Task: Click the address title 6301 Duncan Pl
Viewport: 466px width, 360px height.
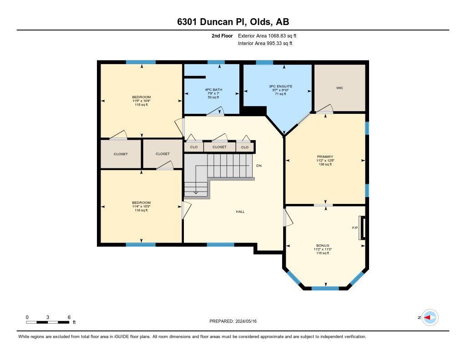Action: click(x=233, y=22)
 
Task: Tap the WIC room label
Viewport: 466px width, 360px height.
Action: click(x=339, y=88)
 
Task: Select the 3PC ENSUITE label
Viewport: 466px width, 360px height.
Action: click(x=280, y=86)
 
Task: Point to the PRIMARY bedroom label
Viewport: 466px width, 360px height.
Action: click(x=325, y=157)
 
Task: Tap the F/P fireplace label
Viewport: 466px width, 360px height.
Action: click(x=355, y=228)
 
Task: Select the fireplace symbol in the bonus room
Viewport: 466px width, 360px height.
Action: click(x=362, y=228)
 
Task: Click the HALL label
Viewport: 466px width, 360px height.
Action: click(x=240, y=212)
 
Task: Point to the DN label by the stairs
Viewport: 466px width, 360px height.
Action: click(x=259, y=166)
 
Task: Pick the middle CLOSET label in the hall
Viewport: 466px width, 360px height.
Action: click(x=219, y=147)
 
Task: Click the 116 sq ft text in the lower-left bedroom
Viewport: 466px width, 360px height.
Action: click(x=142, y=210)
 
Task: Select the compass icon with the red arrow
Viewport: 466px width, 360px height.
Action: click(x=430, y=317)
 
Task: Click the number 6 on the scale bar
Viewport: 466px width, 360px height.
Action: click(x=69, y=317)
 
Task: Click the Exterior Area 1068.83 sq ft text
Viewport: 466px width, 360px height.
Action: click(x=267, y=35)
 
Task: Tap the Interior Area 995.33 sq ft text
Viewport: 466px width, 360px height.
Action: click(x=265, y=44)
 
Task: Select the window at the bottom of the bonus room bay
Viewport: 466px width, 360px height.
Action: click(x=325, y=288)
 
